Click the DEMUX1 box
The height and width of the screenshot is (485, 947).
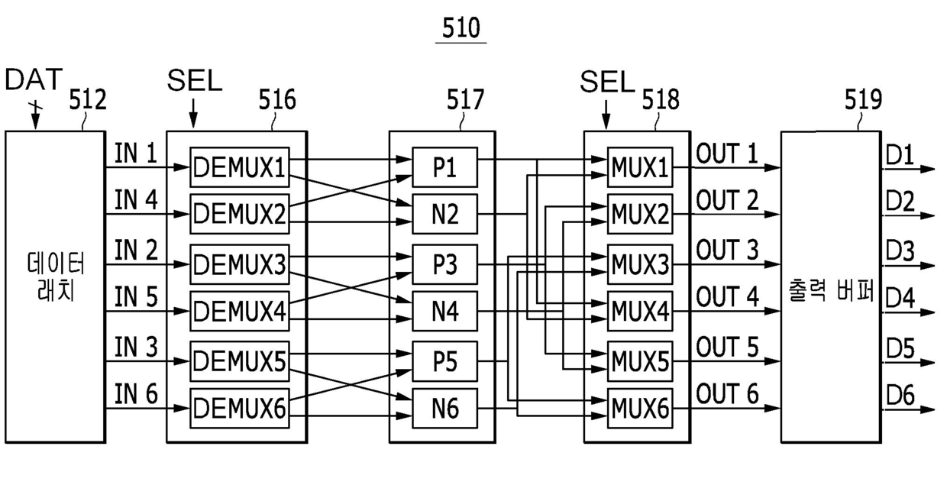pyautogui.click(x=240, y=167)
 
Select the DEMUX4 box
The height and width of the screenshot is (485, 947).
pyautogui.click(x=240, y=311)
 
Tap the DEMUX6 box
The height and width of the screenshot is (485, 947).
pyautogui.click(x=240, y=408)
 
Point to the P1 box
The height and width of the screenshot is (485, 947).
pyautogui.click(x=444, y=167)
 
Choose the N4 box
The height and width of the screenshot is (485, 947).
pyautogui.click(x=444, y=311)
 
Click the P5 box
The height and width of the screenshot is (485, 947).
pyautogui.click(x=444, y=361)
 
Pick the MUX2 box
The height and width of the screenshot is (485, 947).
pyautogui.click(x=640, y=214)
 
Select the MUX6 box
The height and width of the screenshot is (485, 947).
pyautogui.click(x=640, y=408)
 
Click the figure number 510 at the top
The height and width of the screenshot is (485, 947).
pyautogui.click(x=461, y=28)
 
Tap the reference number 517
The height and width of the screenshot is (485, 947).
pyautogui.click(x=465, y=100)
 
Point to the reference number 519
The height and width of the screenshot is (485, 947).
pyautogui.click(x=863, y=100)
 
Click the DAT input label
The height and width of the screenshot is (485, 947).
pyautogui.click(x=34, y=79)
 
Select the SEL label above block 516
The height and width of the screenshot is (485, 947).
pyautogui.click(x=195, y=80)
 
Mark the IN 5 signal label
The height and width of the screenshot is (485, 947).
pyautogui.click(x=136, y=296)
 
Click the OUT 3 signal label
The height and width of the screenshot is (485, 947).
pyautogui.click(x=727, y=250)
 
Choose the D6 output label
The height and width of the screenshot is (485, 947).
pyautogui.click(x=900, y=396)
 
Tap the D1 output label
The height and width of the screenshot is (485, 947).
pyautogui.click(x=899, y=155)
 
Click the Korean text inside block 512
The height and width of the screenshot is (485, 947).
pyautogui.click(x=56, y=276)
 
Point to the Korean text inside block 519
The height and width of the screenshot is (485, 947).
pyautogui.click(x=831, y=290)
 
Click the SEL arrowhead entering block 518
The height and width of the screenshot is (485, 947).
pyautogui.click(x=606, y=123)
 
